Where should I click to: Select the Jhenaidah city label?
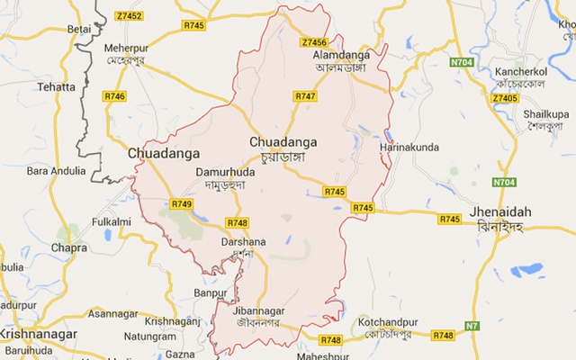coord(499,211)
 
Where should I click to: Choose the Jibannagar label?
coord(251,311)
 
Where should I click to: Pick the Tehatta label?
coord(57,87)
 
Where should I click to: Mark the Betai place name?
coord(79,29)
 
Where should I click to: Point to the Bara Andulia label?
coord(57,170)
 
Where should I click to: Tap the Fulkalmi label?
coord(112,221)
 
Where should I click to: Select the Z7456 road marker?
coord(314,42)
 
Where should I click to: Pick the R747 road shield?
coord(306,95)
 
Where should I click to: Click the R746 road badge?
coord(115,95)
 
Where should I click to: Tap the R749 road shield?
coord(181,204)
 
